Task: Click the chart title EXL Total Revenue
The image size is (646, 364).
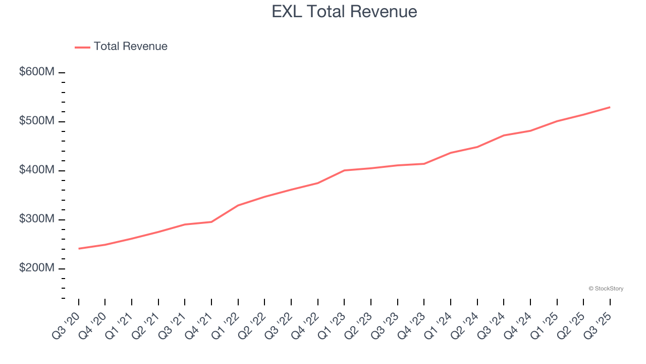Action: coord(344,12)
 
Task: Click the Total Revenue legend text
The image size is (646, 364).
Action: coord(130,47)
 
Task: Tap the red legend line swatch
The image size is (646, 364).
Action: coord(82,47)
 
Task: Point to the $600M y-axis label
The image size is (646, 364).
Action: coord(37,72)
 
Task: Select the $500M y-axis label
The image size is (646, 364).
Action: coord(37,121)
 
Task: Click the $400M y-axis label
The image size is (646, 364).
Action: coord(37,170)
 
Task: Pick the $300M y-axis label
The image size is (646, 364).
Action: coord(37,219)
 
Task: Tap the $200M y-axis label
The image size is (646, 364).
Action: coord(37,268)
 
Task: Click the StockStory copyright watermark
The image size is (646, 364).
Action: coord(606,289)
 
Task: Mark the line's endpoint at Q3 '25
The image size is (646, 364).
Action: coord(610,107)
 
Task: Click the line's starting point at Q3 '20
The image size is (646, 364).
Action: coord(79,249)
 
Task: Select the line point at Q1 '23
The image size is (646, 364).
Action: coord(344,170)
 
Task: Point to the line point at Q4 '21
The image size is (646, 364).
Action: coord(211,222)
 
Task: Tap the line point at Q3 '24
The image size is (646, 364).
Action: coord(504,135)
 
